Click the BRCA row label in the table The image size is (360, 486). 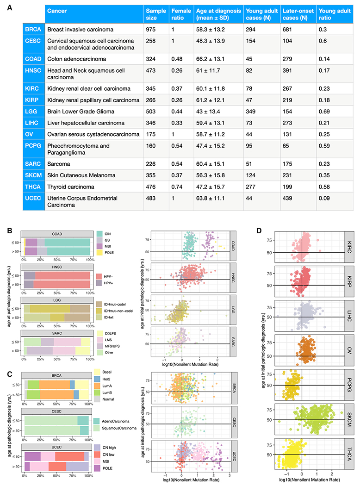tap(33, 29)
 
